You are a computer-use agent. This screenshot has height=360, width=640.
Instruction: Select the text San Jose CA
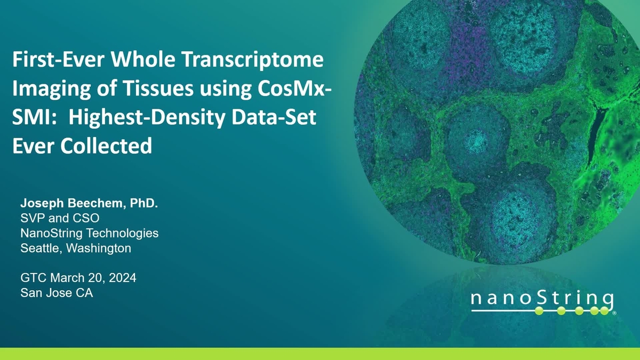(x=57, y=293)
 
